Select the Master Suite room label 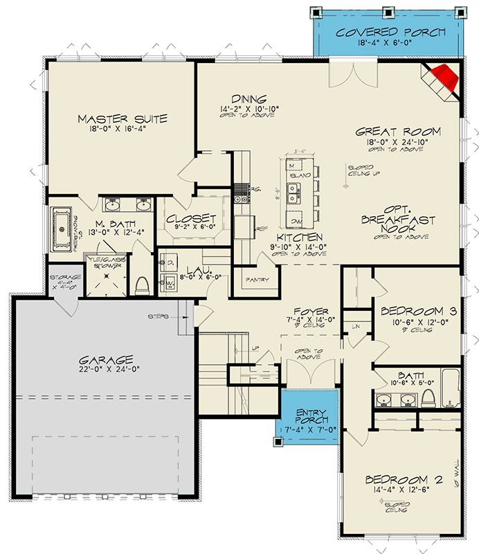(122, 118)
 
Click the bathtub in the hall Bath (450, 391)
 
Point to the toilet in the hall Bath (428, 397)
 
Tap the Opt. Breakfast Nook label (398, 220)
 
